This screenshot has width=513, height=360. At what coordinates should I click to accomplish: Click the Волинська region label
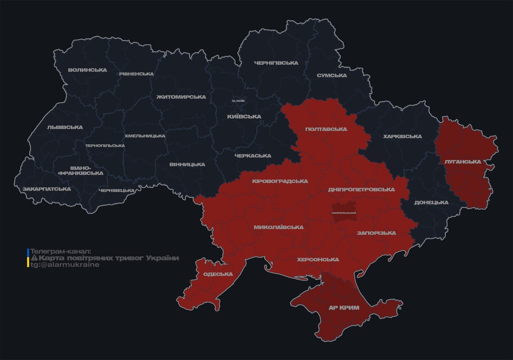coord(87,70)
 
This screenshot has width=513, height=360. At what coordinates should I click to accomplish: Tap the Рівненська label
coord(136,74)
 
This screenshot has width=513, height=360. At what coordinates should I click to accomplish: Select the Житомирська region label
coord(181,97)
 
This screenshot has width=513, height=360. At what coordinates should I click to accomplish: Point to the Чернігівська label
coord(276,63)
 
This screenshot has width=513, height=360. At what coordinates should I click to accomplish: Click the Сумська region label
coord(332,75)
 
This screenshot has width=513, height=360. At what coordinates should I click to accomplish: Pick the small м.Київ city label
coord(238,101)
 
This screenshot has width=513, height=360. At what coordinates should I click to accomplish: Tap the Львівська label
coord(65,127)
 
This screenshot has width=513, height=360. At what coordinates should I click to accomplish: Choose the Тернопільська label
coord(105,146)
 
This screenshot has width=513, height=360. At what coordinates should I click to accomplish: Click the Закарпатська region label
coord(46,189)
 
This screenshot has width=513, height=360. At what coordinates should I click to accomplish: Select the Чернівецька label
coord(117,190)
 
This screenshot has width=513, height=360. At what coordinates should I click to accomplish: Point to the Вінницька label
coord(187,165)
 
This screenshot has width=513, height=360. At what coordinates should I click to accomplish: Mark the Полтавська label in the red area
coord(326,129)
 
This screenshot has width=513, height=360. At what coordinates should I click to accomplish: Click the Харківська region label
coord(402,136)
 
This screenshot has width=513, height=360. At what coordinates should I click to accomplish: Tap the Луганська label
coord(463,162)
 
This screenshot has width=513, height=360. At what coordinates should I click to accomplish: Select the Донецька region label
coord(431,202)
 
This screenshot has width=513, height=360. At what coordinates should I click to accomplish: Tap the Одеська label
coord(218,274)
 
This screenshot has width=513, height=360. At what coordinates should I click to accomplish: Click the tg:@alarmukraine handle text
coord(65,265)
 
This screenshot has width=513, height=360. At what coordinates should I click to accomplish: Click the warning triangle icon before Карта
coord(34,258)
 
